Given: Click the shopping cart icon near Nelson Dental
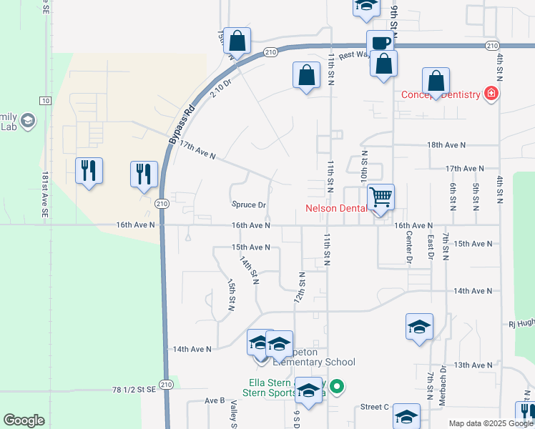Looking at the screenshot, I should (x=381, y=196).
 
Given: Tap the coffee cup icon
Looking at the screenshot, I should (x=379, y=41).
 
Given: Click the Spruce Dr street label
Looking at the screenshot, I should (x=249, y=204).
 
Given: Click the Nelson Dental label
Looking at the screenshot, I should (x=335, y=209).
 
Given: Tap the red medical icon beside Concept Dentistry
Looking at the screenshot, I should (x=491, y=94).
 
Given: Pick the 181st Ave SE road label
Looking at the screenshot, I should (x=45, y=194).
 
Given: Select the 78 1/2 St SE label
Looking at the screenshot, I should (x=134, y=390).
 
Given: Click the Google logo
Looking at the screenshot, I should (x=24, y=420).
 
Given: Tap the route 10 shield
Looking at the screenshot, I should (x=45, y=101).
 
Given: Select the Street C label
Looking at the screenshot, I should (x=375, y=407).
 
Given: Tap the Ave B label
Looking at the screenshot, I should (x=215, y=401).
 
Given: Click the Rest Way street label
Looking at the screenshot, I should (x=353, y=54).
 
